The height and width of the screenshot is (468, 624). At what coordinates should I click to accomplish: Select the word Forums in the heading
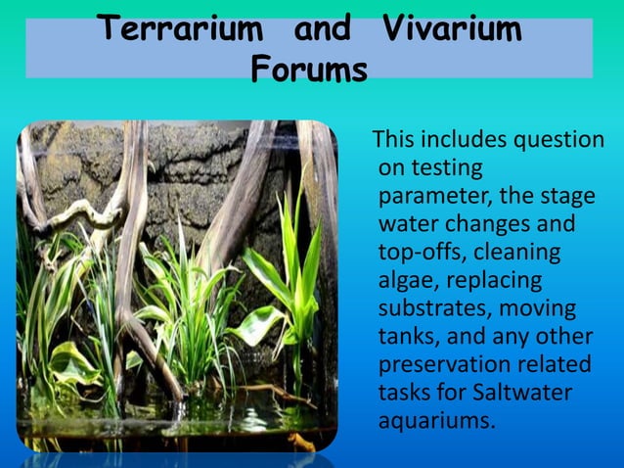tap(309, 70)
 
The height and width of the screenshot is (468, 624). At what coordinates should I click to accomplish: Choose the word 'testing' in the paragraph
tap(445, 168)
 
